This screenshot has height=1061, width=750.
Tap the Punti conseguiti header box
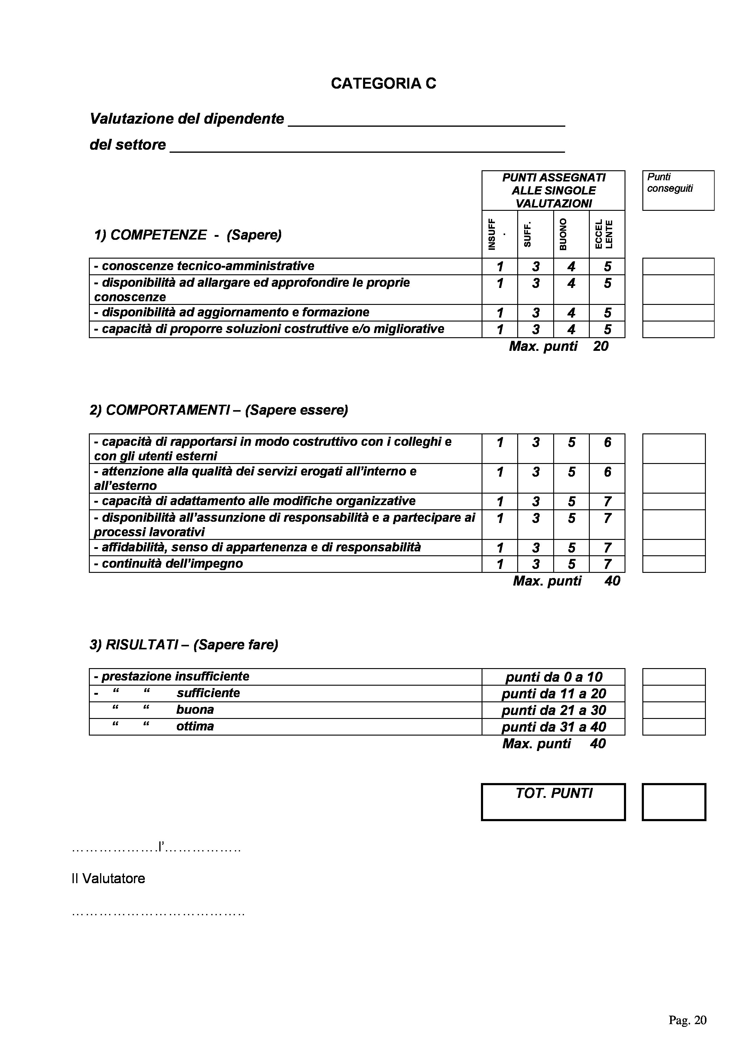point(678,190)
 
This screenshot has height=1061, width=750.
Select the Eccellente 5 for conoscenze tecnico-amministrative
point(607,267)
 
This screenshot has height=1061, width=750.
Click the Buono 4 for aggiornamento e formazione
point(571,313)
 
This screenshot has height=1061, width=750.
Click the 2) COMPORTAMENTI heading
point(219,410)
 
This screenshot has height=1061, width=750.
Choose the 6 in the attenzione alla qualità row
point(607,472)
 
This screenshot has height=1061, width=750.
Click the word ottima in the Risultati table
point(195,726)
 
